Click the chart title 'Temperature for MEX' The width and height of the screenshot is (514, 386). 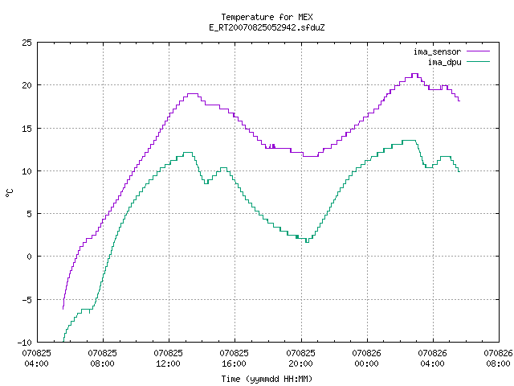(x=267, y=17)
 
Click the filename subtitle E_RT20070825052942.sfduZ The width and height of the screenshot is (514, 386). (x=267, y=27)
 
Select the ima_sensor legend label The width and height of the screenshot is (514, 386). (x=437, y=51)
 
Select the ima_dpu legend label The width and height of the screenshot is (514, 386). (x=444, y=62)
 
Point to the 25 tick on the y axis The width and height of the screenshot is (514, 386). (x=27, y=43)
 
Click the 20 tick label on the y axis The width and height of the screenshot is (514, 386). (x=27, y=85)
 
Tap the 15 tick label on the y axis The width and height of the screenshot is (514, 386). (x=27, y=129)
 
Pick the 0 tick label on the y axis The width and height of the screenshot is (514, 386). (x=29, y=257)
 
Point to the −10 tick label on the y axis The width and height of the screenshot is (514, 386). (x=25, y=343)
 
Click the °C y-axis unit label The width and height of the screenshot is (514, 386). (x=9, y=193)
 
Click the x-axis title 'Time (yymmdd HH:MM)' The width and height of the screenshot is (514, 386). (x=267, y=379)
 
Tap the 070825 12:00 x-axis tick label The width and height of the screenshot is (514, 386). (x=168, y=359)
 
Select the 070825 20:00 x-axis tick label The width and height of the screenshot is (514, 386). (x=300, y=359)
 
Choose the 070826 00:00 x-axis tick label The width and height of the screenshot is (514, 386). (x=366, y=359)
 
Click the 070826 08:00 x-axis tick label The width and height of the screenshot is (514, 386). (x=498, y=359)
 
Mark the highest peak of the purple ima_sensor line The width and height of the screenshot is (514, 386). (x=414, y=74)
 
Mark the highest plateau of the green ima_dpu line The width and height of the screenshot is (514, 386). (x=409, y=141)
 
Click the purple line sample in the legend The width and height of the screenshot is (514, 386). (x=479, y=51)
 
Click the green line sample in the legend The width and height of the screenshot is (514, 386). (x=479, y=61)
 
